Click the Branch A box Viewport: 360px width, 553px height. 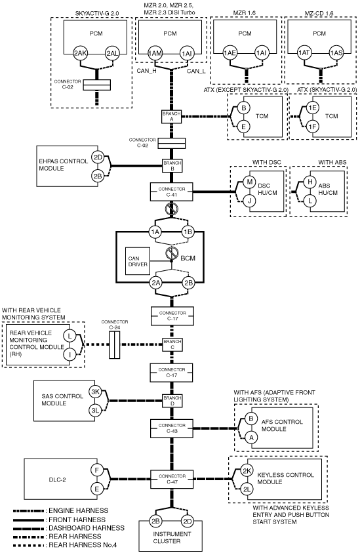tap(172, 117)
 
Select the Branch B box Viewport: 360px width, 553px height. tap(172, 166)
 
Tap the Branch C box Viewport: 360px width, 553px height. tap(172, 344)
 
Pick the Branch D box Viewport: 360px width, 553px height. tap(172, 401)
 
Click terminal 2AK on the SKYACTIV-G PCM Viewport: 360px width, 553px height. tap(81, 54)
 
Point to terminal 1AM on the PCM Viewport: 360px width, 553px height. tap(155, 54)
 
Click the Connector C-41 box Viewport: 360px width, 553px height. tap(172, 192)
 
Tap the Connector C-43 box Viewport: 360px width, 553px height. tap(172, 428)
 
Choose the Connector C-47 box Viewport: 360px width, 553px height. tap(172, 479)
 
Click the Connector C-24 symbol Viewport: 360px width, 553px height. tap(114, 344)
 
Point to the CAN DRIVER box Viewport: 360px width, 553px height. tap(137, 261)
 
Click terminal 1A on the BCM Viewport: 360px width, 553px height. tap(155, 232)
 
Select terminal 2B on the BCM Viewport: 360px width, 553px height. tap(189, 283)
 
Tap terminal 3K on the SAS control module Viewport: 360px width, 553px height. tap(95, 392)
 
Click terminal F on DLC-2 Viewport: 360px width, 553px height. tap(96, 470)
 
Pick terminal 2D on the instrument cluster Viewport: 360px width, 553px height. tap(188, 521)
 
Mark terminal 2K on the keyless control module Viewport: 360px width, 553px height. tap(247, 470)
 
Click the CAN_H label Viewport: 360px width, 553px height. tap(147, 71)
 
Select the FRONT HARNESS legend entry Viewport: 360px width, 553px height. tap(77, 520)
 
